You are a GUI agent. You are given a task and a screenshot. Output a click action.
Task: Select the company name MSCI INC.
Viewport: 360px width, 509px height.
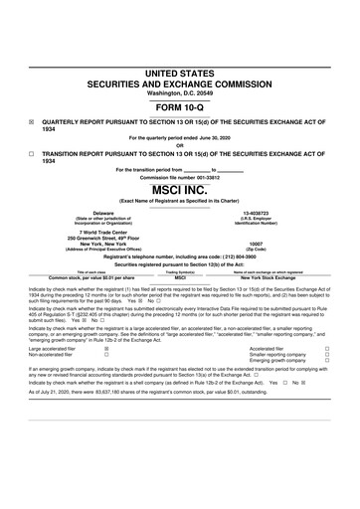180,187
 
